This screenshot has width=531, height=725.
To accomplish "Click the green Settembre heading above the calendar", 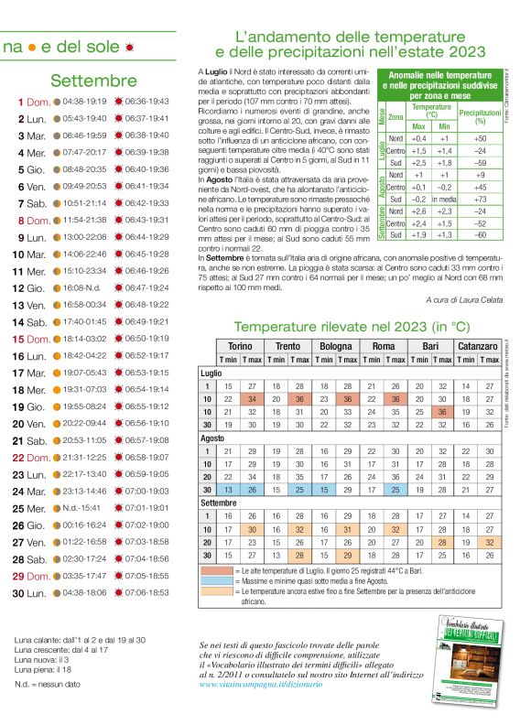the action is (x=93, y=81).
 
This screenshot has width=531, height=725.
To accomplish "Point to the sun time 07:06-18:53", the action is (x=147, y=592).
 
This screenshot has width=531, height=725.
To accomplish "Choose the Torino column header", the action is (x=240, y=346).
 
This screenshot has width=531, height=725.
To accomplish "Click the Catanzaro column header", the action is (x=478, y=346).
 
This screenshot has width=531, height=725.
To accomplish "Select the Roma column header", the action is (x=383, y=346).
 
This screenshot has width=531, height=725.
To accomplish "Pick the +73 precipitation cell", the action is (x=480, y=199).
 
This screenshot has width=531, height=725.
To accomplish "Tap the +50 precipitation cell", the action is (x=480, y=138).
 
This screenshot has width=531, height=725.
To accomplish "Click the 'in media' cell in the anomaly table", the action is (x=444, y=199).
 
